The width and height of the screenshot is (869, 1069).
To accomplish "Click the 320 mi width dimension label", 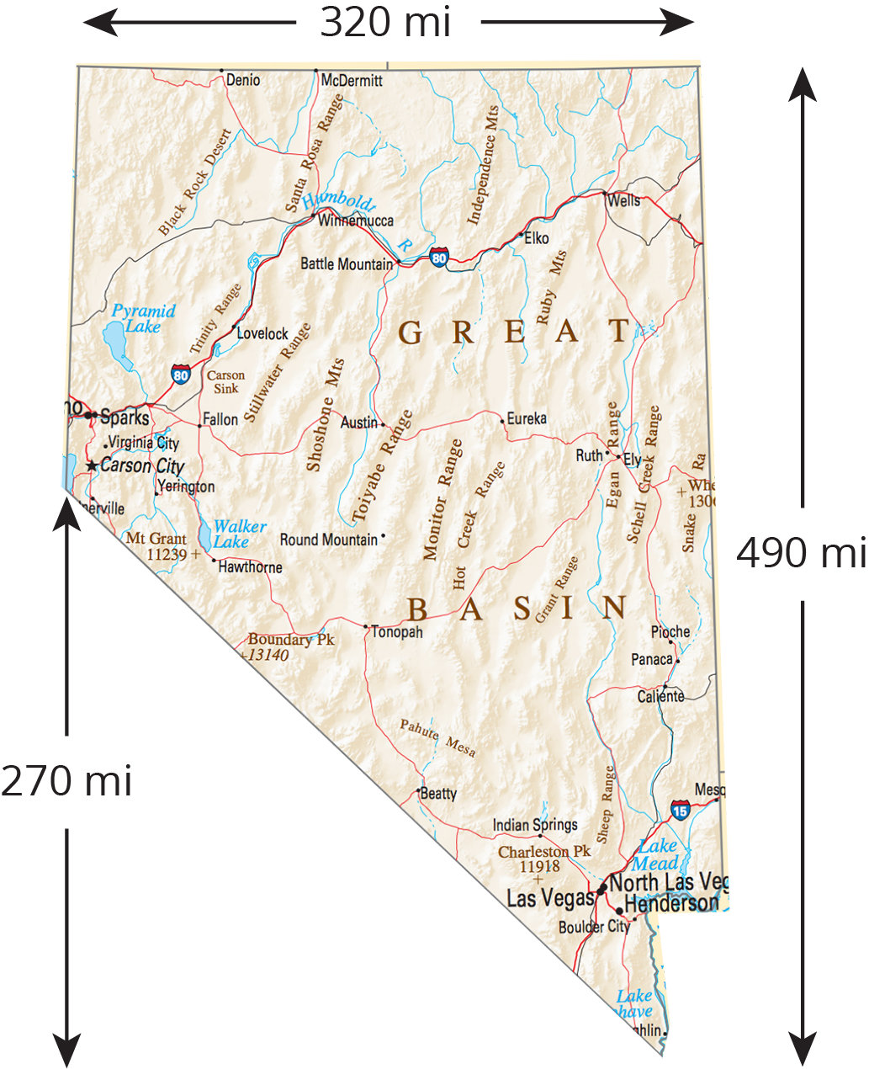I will pos(385,23).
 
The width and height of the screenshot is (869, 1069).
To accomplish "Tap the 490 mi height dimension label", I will pos(801,553).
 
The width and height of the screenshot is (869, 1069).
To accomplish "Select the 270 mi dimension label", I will pos(66,781).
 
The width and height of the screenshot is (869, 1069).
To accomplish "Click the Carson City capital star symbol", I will pos(92,465).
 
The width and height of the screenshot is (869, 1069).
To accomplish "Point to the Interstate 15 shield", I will pos(681,811).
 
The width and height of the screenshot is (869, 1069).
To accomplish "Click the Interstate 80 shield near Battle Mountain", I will pos(439,258).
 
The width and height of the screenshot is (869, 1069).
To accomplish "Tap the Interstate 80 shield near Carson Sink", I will pos(181,375).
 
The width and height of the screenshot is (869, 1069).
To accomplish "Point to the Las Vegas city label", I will pos(550,898).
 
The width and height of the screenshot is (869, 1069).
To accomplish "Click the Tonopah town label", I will pos(397,632).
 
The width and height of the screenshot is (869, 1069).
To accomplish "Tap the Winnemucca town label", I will pos(356,221).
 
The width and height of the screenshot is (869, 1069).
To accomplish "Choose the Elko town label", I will pos(536,238).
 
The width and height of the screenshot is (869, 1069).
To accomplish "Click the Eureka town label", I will pos(527,418).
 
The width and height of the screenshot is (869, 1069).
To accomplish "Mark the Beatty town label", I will pos(438,793).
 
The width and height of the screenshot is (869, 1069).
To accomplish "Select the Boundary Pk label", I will pos(291,640).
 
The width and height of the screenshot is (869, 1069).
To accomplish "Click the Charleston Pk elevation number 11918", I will pos(539,866).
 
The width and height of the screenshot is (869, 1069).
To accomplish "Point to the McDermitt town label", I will pos(352,81).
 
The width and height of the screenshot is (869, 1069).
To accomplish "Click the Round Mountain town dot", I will pos(383,535).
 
